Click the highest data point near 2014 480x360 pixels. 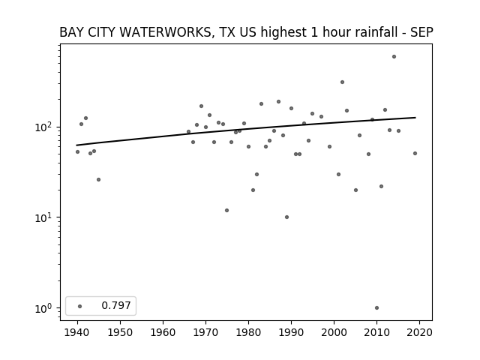pyautogui.click(x=394, y=57)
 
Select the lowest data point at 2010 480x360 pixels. pyautogui.click(x=376, y=308)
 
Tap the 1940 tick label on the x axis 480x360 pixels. pyautogui.click(x=77, y=332)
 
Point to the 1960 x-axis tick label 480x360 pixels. pyautogui.click(x=163, y=332)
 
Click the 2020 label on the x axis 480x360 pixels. pyautogui.click(x=419, y=332)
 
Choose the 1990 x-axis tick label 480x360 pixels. pyautogui.click(x=291, y=332)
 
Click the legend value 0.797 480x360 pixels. pyautogui.click(x=116, y=305)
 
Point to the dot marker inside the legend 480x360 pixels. pyautogui.click(x=80, y=306)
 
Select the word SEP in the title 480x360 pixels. pyautogui.click(x=421, y=32)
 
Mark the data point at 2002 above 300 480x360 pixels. pyautogui.click(x=342, y=82)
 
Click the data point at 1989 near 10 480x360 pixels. pyautogui.click(x=286, y=217)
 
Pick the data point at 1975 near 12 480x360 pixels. pyautogui.click(x=226, y=210)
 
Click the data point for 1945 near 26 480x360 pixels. pyautogui.click(x=98, y=180)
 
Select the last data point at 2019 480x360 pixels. pyautogui.click(x=415, y=153)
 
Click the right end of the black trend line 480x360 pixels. pyautogui.click(x=415, y=118)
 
